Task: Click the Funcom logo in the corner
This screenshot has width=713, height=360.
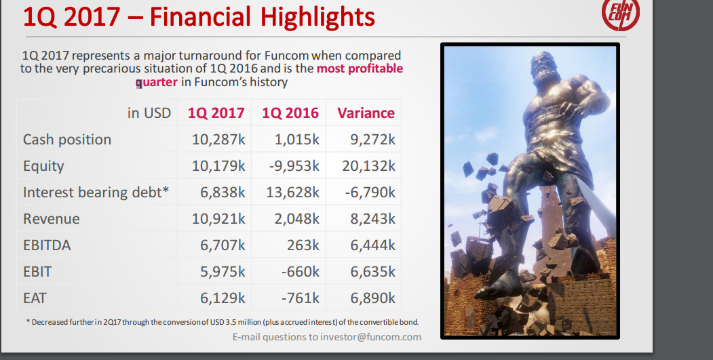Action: pos(621,14)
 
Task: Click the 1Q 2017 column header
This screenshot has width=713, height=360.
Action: pos(216,113)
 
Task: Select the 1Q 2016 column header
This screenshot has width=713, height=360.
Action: pos(290,113)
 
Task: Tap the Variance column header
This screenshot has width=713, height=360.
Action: pos(366,113)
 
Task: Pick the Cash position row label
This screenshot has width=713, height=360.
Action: pos(67,140)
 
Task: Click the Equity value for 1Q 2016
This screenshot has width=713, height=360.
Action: pos(294,166)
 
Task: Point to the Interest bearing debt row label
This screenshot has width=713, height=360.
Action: pos(96,193)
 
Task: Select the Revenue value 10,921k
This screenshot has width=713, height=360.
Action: pos(218,218)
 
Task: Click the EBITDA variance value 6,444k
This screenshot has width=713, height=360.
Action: pos(372,245)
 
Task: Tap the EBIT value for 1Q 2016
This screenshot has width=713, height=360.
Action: pos(300,272)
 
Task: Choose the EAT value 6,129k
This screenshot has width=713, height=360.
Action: pos(223,298)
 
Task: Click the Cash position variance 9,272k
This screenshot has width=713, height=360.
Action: pos(372,140)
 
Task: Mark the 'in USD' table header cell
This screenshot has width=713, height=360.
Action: pos(149,113)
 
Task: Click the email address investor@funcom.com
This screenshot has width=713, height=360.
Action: pos(370,337)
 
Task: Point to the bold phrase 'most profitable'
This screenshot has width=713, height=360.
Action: pos(360,68)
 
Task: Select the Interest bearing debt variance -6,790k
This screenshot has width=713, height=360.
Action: pos(370,193)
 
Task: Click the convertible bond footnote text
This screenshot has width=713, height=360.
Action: pos(223,322)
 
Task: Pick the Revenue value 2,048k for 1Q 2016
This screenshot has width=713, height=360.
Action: pos(296,218)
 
